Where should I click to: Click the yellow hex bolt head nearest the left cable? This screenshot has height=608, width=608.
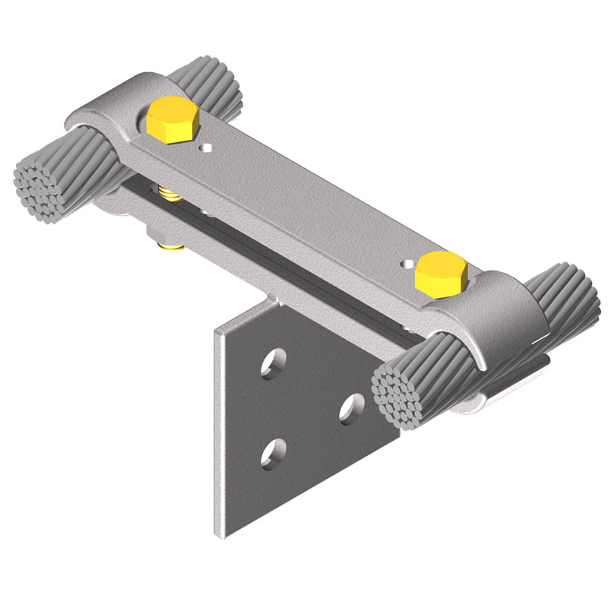point(173,121)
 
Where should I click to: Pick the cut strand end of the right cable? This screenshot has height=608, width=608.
point(401,395)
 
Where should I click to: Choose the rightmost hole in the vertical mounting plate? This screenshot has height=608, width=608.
point(351,408)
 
